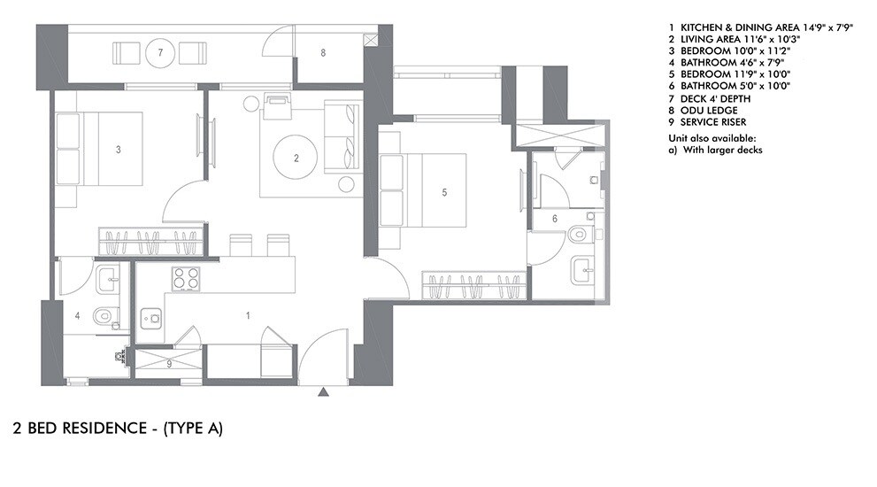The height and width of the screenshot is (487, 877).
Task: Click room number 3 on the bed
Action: tap(119, 150)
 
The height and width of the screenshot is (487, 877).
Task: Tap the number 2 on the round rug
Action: tap(296, 159)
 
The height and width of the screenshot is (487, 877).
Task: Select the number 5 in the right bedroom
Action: tap(445, 190)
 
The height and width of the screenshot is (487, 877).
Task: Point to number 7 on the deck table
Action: tap(160, 53)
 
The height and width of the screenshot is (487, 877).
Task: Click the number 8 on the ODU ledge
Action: tap(323, 53)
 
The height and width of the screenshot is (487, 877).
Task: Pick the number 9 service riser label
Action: tap(169, 363)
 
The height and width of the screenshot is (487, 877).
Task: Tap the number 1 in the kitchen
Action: tap(248, 314)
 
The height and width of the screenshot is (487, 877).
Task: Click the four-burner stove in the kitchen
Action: tap(184, 279)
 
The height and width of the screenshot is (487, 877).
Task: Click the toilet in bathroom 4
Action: tap(104, 314)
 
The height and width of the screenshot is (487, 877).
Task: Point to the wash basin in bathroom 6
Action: tap(581, 268)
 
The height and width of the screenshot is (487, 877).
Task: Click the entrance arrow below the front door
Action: tap(325, 390)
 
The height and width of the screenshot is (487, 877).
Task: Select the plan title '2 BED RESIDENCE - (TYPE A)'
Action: tap(118, 429)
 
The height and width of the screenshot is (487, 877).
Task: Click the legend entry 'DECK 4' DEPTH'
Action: tap(712, 98)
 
